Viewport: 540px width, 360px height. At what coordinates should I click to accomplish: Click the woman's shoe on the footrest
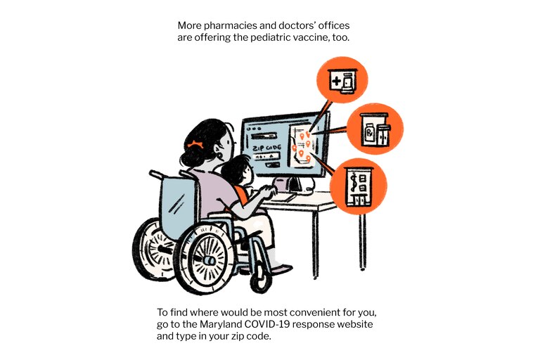[282, 268]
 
